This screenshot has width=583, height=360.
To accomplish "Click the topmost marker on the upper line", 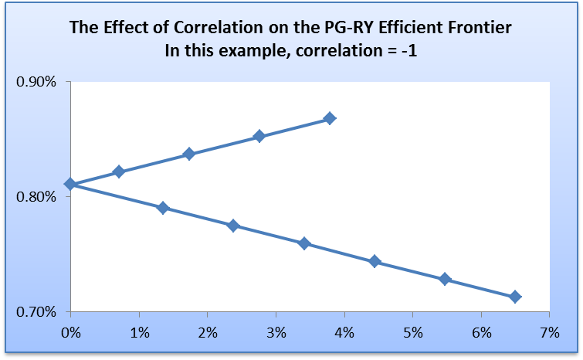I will point(330,118).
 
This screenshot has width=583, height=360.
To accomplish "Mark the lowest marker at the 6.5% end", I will point(515,297).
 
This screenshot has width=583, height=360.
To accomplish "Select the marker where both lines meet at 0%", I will point(70,184).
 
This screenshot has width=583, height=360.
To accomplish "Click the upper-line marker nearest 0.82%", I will point(118,172).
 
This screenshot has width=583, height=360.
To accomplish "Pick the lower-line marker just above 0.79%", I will point(162,208).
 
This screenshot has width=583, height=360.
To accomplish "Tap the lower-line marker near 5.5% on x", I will point(445,279).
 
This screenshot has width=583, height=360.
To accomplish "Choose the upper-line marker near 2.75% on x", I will point(259,136).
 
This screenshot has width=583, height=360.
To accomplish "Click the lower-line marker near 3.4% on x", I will point(303,243).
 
